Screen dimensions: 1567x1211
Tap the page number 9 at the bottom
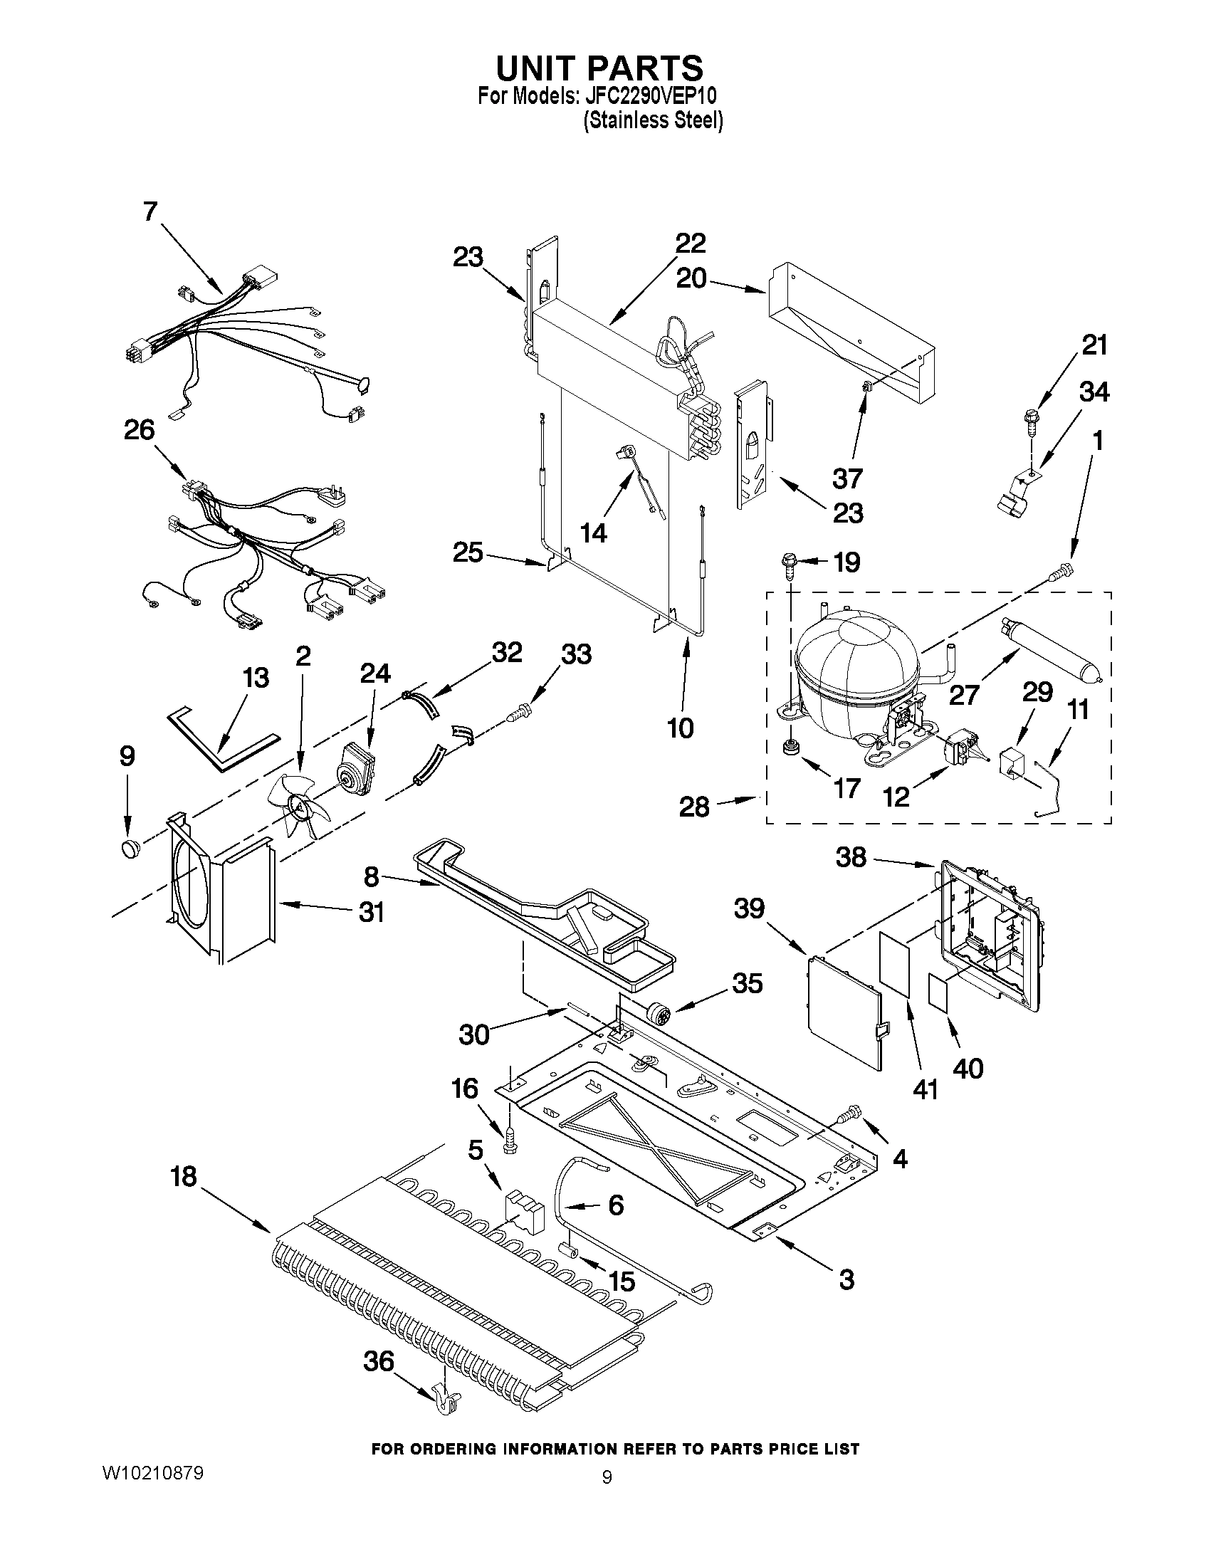point(607,1492)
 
